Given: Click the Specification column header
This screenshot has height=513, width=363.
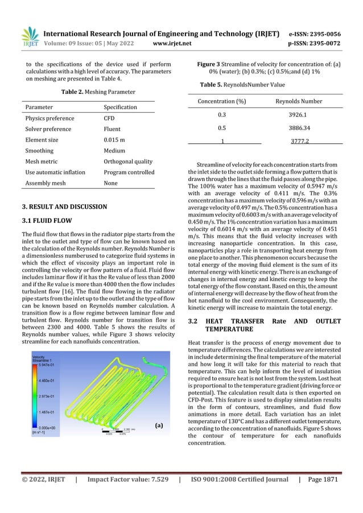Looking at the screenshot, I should pyautogui.click(x=120, y=107).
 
